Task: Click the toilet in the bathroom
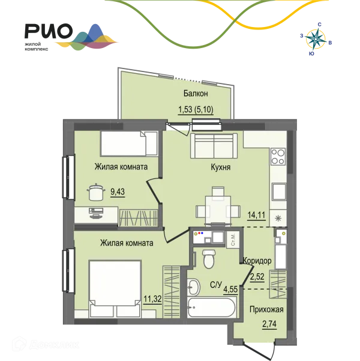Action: [209, 259]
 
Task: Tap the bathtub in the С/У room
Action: [212, 308]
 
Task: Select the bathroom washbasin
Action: [193, 287]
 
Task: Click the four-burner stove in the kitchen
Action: [278, 157]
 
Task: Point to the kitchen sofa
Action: [214, 146]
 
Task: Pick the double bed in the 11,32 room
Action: [115, 289]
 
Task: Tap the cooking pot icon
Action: [96, 192]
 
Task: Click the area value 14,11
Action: [256, 215]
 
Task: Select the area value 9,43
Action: [118, 192]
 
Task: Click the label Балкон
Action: [196, 94]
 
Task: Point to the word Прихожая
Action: [266, 310]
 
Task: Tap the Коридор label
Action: [257, 261]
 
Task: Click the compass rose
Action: [316, 40]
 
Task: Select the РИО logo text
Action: [49, 31]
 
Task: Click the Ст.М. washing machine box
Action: [233, 240]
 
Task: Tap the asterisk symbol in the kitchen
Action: [278, 218]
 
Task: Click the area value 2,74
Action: [269, 324]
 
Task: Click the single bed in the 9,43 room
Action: [129, 144]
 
